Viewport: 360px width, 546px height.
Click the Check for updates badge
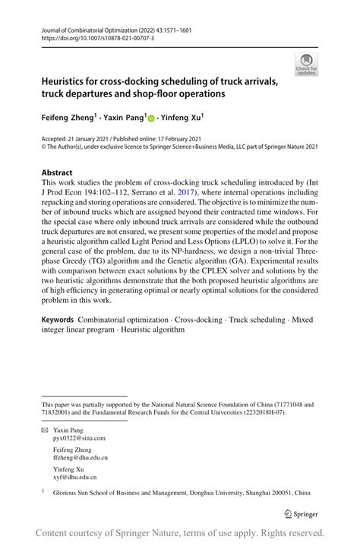point(306,65)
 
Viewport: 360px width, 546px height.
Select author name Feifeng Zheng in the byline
point(67,118)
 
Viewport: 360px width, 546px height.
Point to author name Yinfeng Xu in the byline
point(179,118)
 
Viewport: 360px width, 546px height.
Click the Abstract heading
point(57,172)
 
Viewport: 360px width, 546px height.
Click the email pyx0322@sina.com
point(79,438)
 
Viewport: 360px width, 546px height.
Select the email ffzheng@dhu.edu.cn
point(81,458)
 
